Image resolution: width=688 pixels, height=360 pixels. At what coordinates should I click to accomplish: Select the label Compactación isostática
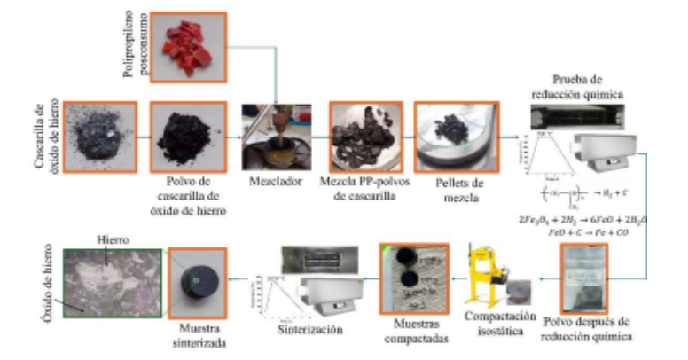(501, 321)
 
